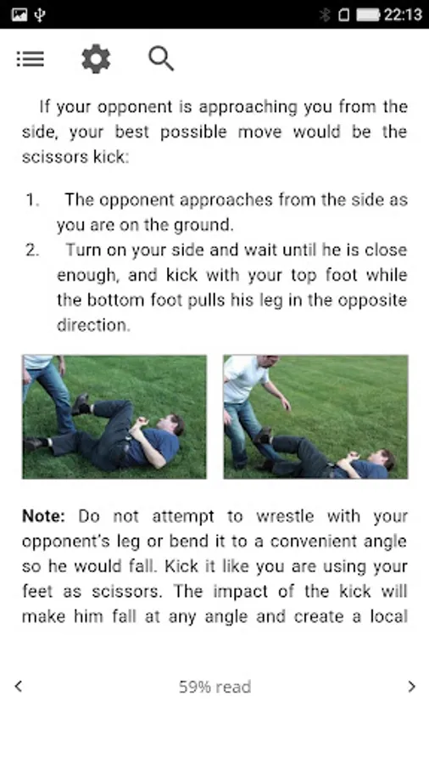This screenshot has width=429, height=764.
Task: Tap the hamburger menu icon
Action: pyautogui.click(x=31, y=59)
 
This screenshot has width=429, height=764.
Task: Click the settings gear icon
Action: pyautogui.click(x=96, y=59)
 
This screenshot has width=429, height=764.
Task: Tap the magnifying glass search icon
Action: pyautogui.click(x=161, y=59)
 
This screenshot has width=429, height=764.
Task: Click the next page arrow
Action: pyautogui.click(x=411, y=687)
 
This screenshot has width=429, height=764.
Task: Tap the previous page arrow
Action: pyautogui.click(x=19, y=687)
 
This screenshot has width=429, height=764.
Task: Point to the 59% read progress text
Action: pyautogui.click(x=214, y=687)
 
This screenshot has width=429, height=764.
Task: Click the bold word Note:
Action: pyautogui.click(x=43, y=516)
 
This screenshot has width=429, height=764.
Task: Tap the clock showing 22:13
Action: pyautogui.click(x=404, y=14)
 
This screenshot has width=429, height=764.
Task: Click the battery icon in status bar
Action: pyautogui.click(x=368, y=14)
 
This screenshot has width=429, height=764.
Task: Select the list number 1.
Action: pyautogui.click(x=32, y=199)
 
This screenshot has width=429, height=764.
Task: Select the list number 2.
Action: pyautogui.click(x=32, y=250)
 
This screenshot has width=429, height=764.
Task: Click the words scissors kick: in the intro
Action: pyautogui.click(x=75, y=157)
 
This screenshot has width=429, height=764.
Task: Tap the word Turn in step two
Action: pyautogui.click(x=84, y=250)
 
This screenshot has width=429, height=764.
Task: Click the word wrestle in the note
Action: pyautogui.click(x=285, y=516)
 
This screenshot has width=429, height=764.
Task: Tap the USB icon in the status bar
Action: pyautogui.click(x=40, y=14)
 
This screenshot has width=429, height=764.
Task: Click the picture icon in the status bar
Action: pyautogui.click(x=19, y=14)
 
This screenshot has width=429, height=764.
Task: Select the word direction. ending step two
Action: pyautogui.click(x=93, y=325)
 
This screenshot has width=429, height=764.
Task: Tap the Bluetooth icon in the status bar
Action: pyautogui.click(x=325, y=14)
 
